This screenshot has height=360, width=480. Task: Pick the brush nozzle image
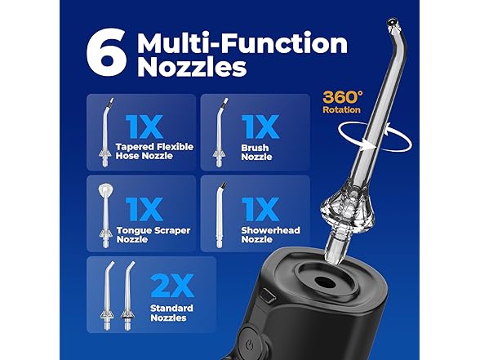(x=216, y=131)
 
